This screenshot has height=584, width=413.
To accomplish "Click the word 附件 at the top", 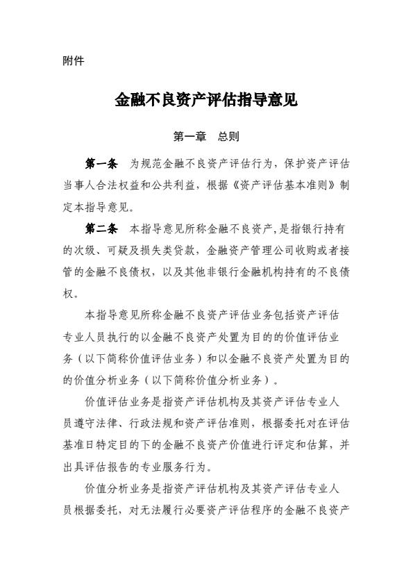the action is click(73, 61).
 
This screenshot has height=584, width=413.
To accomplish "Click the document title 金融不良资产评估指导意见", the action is click(206, 100).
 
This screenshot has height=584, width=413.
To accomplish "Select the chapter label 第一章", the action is click(189, 137).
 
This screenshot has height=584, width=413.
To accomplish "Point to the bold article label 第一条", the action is click(100, 165).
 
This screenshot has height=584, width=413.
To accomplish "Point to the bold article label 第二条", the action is click(100, 228).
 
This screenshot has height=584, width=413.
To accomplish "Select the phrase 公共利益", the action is click(178, 186).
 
